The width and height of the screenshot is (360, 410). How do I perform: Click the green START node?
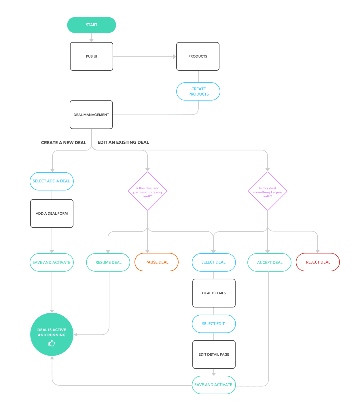coord(91,25)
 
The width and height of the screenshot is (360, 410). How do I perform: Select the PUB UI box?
coord(91,56)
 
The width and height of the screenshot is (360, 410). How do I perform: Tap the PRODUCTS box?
coord(198,56)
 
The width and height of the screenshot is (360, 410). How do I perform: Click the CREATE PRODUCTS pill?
coord(198,91)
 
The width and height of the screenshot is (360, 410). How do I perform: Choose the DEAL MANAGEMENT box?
coord(91,115)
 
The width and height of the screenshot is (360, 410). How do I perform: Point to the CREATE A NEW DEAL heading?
coord(64,143)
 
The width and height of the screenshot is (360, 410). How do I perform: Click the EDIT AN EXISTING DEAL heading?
coord(123,142)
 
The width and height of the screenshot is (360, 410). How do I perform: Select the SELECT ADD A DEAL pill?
coord(52,181)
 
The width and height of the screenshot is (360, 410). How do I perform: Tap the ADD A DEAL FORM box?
coord(52,213)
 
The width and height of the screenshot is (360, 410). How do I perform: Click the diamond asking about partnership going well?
coord(147,191)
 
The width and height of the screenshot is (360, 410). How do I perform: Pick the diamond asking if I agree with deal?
coord(268,191)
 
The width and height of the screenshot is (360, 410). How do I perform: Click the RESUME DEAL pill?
coord(108,262)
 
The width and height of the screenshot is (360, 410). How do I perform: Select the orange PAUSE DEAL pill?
coord(157,262)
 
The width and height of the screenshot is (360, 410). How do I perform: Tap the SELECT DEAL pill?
coord(214,262)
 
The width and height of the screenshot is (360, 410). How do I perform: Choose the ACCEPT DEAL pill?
coord(270,262)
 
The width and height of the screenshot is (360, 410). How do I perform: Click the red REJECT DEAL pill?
coord(318,262)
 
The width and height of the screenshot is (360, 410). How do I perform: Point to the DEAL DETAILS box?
coord(214,293)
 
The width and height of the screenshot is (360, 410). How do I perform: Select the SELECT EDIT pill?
coord(214,324)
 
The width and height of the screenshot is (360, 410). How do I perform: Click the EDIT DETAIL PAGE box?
coord(214,354)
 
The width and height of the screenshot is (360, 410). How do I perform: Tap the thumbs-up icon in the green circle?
coord(52,343)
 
